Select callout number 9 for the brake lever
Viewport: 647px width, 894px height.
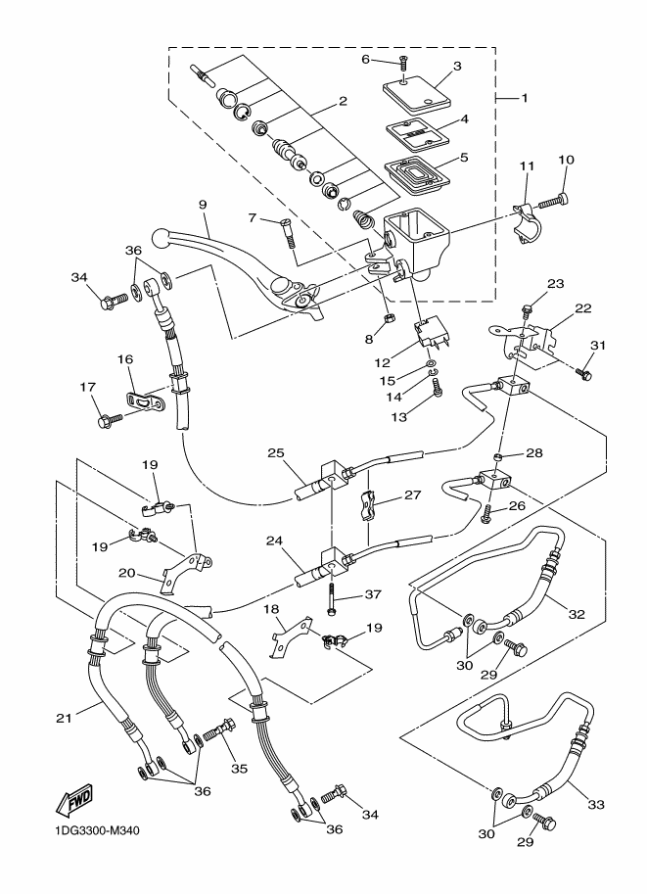coord(204,207)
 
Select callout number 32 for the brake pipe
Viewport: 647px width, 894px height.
coord(577,615)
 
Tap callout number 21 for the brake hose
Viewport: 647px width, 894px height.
coord(65,719)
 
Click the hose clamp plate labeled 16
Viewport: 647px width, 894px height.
coord(146,401)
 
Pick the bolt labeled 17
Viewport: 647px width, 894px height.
coord(105,420)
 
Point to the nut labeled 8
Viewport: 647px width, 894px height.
coord(387,319)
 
